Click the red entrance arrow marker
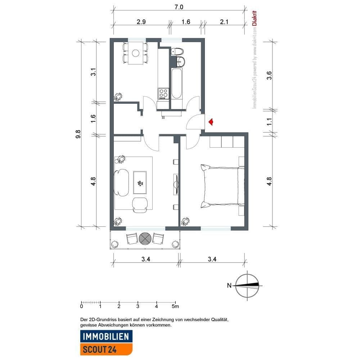211,122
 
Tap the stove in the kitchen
163,94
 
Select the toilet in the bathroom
177,51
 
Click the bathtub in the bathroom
177,84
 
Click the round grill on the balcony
145,238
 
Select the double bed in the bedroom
221,186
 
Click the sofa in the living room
121,182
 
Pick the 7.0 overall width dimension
179,7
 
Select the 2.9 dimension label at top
141,22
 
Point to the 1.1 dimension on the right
270,122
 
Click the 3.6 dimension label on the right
270,76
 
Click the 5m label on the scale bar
175,306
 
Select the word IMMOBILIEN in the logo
106,337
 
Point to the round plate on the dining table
135,53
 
